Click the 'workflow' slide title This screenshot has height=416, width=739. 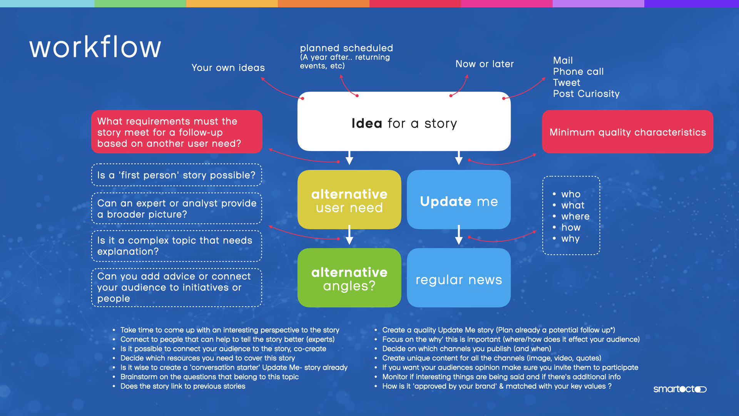95,47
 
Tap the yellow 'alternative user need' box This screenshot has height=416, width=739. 349,200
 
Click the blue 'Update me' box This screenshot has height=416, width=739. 458,200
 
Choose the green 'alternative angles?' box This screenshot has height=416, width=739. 349,278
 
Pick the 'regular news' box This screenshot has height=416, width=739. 458,278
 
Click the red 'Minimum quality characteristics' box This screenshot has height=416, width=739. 627,132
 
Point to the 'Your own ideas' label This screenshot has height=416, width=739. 228,68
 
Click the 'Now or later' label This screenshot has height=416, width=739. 484,64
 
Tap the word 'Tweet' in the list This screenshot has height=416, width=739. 566,83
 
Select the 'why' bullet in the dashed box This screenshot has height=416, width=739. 570,239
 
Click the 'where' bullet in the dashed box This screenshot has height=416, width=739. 575,216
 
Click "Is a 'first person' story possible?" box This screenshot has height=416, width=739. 176,175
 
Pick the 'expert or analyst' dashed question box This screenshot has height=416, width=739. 176,208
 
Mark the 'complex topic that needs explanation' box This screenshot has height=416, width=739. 176,246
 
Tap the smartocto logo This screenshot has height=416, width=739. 679,389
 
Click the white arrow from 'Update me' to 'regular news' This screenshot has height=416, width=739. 458,235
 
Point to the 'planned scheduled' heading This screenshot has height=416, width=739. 346,48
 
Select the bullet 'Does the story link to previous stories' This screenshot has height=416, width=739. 182,386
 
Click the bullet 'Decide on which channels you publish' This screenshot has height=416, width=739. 466,349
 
